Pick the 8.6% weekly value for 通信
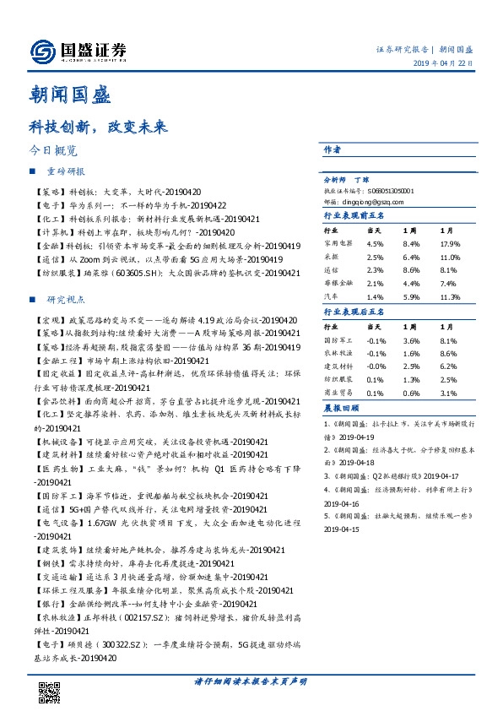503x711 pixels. pyautogui.click(x=411, y=269)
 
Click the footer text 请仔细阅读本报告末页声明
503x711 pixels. pyautogui.click(x=251, y=681)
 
